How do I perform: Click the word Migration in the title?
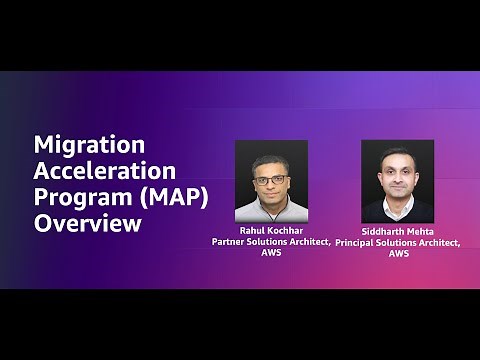[x=90, y=145]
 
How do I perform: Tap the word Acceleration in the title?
[x=105, y=170]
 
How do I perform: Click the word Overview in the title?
[x=88, y=222]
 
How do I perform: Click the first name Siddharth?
[x=380, y=231]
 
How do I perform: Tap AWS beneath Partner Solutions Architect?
[x=271, y=253]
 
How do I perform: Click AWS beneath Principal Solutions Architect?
[x=398, y=253]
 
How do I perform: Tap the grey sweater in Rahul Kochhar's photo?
[x=270, y=211]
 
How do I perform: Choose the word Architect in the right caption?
[x=438, y=242]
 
